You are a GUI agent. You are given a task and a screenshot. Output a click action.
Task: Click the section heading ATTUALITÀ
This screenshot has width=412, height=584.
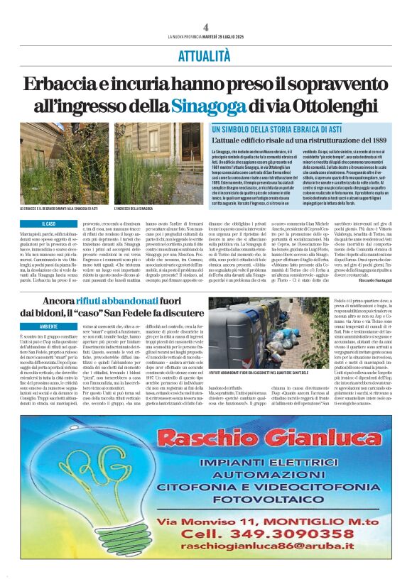(205, 55)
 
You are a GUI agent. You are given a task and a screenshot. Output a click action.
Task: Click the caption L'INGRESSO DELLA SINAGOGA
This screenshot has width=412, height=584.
(133, 209)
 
